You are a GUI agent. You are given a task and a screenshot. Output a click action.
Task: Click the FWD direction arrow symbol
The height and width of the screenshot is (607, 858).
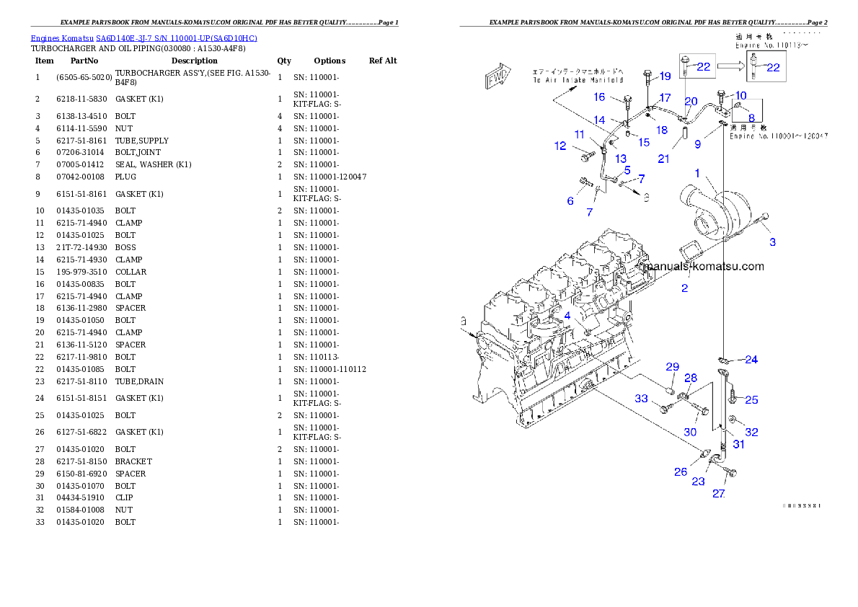498,77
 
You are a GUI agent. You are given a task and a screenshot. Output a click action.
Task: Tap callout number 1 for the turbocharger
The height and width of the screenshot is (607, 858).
697,173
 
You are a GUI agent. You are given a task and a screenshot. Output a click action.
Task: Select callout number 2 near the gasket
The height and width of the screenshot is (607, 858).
684,288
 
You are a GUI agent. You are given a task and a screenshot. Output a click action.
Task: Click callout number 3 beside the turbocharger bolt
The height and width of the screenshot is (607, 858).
772,242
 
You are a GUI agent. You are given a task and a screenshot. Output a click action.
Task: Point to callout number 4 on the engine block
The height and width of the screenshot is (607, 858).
567,316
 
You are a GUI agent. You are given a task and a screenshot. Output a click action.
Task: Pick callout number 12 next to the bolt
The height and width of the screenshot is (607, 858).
560,146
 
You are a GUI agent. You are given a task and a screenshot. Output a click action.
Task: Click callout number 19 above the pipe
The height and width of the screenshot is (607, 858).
665,76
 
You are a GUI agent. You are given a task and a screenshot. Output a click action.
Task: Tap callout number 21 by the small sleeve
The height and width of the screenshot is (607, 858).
664,159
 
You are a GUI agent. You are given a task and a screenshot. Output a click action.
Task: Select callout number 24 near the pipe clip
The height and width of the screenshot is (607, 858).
751,359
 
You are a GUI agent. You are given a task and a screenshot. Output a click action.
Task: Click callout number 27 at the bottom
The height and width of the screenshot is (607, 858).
719,494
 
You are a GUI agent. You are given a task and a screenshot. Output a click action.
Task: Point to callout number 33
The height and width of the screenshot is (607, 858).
641,399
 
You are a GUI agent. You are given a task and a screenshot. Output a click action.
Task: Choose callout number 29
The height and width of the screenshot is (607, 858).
672,367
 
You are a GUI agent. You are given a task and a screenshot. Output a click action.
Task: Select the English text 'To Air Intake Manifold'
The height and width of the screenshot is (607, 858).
578,80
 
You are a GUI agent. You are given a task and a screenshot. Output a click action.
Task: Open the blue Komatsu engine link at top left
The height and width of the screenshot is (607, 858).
143,38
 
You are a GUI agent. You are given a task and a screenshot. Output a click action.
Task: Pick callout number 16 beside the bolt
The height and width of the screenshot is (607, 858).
599,97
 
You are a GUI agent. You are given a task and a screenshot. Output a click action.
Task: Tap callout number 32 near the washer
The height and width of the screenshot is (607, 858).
751,433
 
